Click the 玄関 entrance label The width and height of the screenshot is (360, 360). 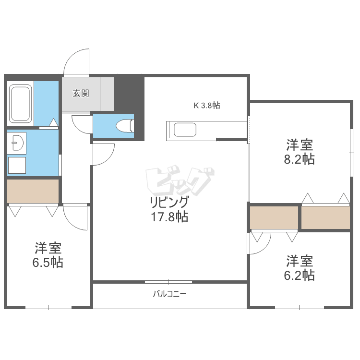pyautogui.click(x=81, y=94)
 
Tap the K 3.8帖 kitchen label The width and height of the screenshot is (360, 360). pyautogui.click(x=207, y=106)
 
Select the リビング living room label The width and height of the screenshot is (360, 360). pyautogui.click(x=169, y=202)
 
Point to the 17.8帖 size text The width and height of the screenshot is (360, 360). pyautogui.click(x=169, y=217)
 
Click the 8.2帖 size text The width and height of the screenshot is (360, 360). pyautogui.click(x=300, y=159)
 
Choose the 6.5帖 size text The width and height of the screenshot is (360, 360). pyautogui.click(x=48, y=263)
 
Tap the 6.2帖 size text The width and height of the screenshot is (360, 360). pyautogui.click(x=300, y=275)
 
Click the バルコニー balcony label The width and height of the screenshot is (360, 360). pyautogui.click(x=169, y=293)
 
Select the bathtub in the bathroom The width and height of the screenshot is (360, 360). pyautogui.click(x=21, y=104)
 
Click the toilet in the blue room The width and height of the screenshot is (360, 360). pyautogui.click(x=125, y=125)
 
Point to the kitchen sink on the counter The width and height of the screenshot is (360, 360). pyautogui.click(x=185, y=130)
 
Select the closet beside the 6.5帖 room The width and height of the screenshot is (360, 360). pyautogui.click(x=33, y=191)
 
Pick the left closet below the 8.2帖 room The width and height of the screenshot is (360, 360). pyautogui.click(x=274, y=218)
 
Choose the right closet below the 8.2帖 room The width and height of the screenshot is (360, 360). pyautogui.click(x=326, y=218)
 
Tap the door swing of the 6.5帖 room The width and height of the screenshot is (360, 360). pyautogui.click(x=75, y=217)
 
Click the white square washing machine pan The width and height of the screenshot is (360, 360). pyautogui.click(x=17, y=166)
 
